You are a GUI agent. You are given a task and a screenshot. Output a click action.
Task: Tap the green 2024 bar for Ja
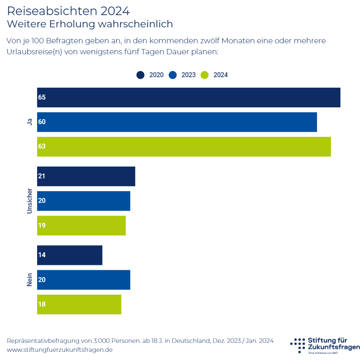click(184, 147)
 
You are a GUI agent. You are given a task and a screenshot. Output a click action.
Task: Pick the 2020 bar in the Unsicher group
click(86, 176)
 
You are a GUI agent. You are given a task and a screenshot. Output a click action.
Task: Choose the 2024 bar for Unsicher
click(81, 225)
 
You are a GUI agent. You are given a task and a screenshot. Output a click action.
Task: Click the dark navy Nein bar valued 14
click(70, 255)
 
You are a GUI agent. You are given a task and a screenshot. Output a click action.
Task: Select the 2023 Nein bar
click(84, 280)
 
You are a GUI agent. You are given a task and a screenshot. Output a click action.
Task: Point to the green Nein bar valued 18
click(79, 304)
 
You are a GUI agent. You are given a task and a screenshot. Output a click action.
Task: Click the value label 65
click(42, 98)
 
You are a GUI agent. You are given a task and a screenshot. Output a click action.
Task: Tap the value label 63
click(42, 147)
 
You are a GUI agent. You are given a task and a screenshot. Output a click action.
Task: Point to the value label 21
click(42, 176)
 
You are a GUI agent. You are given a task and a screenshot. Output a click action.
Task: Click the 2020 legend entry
click(150, 75)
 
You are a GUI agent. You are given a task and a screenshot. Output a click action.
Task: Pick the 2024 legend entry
click(215, 75)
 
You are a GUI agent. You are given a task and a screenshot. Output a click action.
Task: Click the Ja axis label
click(29, 122)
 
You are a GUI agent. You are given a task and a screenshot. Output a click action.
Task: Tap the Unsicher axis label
click(29, 201)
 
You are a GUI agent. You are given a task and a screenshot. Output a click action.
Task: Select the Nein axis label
click(29, 280)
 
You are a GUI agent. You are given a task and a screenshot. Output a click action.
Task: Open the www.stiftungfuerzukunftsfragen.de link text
click(60, 350)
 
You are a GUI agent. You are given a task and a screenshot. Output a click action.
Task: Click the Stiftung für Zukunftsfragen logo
click(325, 345)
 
